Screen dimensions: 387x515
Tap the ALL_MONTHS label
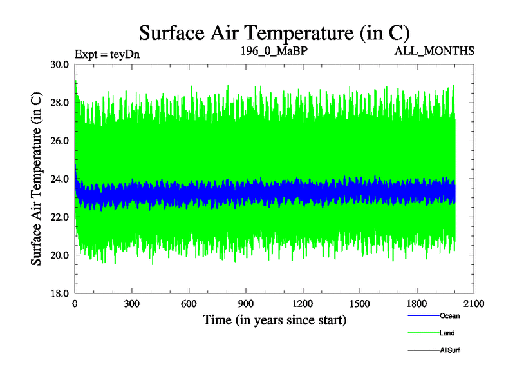(x=435, y=51)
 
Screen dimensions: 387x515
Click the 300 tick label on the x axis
(x=132, y=304)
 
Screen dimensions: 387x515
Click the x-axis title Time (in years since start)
(x=275, y=319)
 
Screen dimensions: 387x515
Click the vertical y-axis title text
(x=37, y=179)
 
